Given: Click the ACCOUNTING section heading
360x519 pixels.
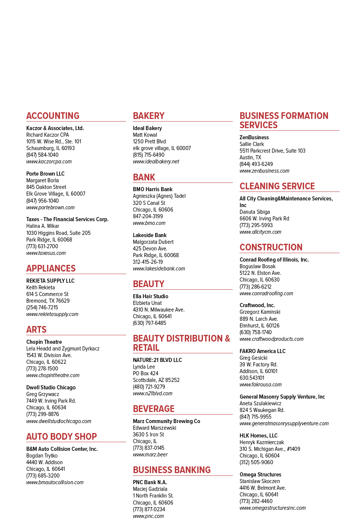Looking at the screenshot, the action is (53, 116).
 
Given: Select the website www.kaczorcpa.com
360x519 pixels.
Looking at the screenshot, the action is (49, 162).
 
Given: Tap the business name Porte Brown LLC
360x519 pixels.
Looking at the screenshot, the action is (46, 173).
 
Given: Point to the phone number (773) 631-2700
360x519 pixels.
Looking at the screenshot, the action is (42, 246).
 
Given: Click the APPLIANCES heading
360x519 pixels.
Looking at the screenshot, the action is (51, 268).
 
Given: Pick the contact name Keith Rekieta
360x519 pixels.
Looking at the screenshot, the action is (40, 287).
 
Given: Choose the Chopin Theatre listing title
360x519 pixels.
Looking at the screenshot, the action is (44, 342).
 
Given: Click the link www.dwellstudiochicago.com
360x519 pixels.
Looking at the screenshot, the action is (59, 421).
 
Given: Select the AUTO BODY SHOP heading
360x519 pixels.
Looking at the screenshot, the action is (61, 436).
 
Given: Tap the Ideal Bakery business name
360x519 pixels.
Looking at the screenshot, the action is (147, 128).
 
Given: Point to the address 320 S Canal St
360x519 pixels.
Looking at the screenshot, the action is (149, 203).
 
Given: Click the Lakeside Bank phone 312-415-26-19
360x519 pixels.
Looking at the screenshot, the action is (148, 262).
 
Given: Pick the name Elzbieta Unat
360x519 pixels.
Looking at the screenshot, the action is (147, 303).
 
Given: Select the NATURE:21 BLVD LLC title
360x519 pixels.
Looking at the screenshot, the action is (157, 360).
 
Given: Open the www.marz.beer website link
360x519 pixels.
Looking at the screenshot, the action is (150, 455).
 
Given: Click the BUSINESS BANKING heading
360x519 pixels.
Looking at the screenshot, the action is (171, 470).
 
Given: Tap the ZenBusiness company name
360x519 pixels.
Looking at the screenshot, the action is (254, 137).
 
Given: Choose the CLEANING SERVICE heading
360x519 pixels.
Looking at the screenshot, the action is (277, 186).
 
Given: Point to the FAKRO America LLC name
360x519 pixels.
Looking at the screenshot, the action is (263, 351).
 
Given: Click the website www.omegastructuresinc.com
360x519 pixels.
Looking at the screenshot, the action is (273, 508).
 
